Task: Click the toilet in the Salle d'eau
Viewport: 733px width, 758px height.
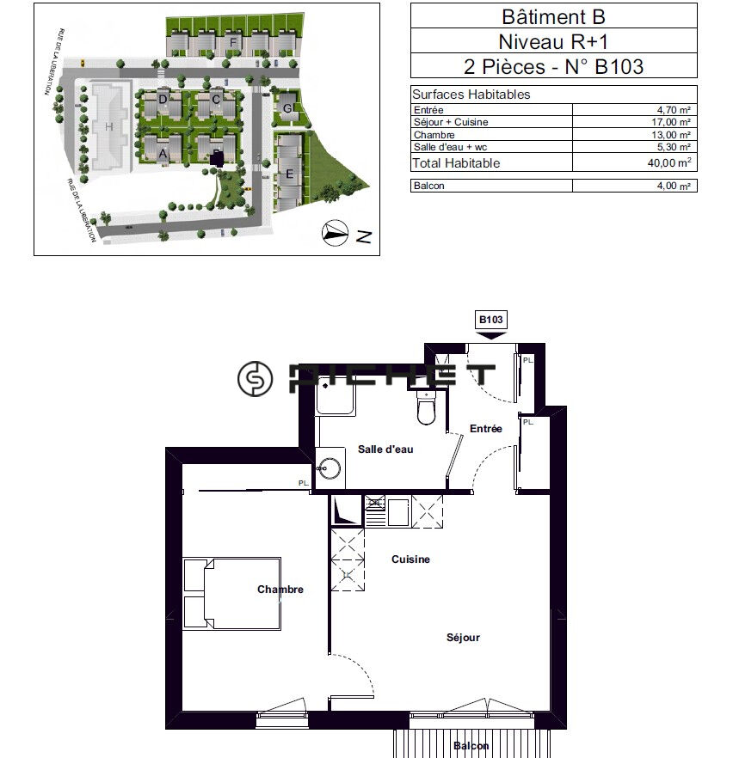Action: (x=426, y=407)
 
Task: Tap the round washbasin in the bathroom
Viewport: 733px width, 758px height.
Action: (x=329, y=468)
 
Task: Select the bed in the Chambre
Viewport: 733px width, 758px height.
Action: (x=231, y=594)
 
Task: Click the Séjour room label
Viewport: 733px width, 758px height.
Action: (x=463, y=638)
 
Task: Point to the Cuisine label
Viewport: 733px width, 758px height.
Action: (x=410, y=559)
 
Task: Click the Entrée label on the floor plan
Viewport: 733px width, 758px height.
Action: (x=486, y=428)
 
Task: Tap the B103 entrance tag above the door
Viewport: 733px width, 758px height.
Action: (x=490, y=320)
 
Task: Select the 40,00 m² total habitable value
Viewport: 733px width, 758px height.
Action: (x=669, y=162)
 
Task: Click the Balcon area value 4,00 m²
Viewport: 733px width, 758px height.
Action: (x=674, y=186)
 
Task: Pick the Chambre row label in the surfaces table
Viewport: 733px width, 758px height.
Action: (x=434, y=135)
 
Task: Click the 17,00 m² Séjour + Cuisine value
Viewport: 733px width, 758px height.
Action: (x=670, y=122)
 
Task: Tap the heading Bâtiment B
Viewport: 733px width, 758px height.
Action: (x=553, y=16)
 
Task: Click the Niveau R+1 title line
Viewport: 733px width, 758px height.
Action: (x=553, y=41)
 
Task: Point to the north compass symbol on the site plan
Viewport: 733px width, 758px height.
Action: (x=335, y=233)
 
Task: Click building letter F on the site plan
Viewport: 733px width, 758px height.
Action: (x=233, y=43)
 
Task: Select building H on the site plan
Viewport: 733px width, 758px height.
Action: (x=109, y=126)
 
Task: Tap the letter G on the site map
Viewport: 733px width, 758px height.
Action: (x=287, y=108)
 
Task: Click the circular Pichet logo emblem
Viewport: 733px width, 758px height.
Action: (x=255, y=378)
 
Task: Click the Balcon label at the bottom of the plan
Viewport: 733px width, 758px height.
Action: (x=471, y=746)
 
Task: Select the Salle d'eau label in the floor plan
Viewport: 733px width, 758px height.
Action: (x=385, y=449)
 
